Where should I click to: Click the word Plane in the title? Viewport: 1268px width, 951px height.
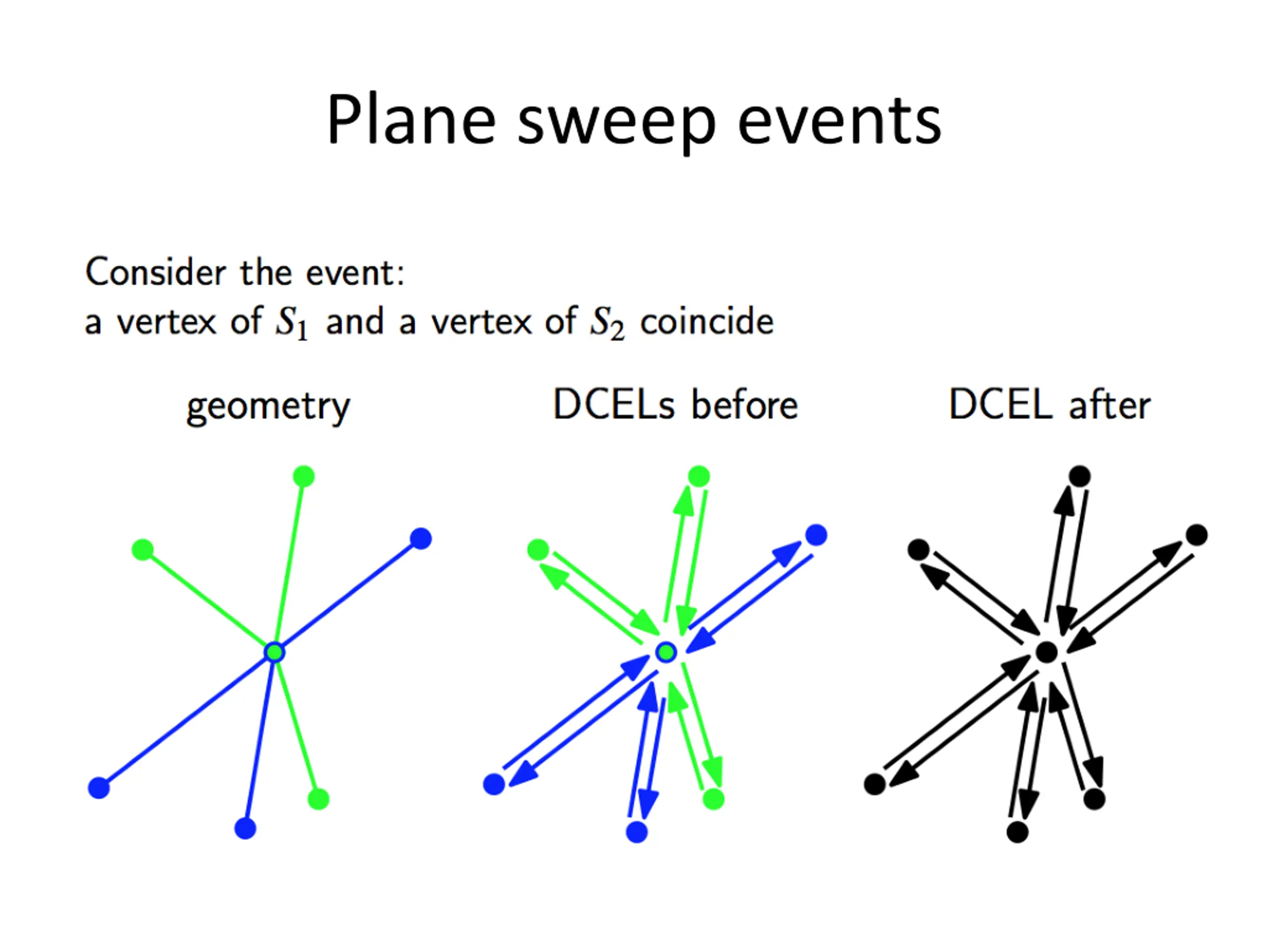411,120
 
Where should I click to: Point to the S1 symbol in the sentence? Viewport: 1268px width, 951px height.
291,323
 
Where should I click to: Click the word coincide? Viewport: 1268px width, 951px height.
707,321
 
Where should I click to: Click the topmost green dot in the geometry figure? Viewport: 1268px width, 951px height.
304,476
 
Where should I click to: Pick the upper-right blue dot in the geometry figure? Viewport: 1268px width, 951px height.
421,539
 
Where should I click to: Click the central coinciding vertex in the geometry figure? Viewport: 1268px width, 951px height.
274,652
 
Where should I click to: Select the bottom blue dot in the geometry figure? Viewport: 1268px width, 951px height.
245,828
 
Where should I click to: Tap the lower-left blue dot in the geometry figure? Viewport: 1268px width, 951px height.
99,788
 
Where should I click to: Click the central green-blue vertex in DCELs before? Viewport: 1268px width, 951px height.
666,652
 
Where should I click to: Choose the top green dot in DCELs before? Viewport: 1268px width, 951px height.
699,476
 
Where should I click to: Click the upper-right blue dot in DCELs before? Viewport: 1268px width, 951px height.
816,535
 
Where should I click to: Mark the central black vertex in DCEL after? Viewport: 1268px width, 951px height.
1047,652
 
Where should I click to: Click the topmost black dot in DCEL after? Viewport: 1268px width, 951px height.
1080,476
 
